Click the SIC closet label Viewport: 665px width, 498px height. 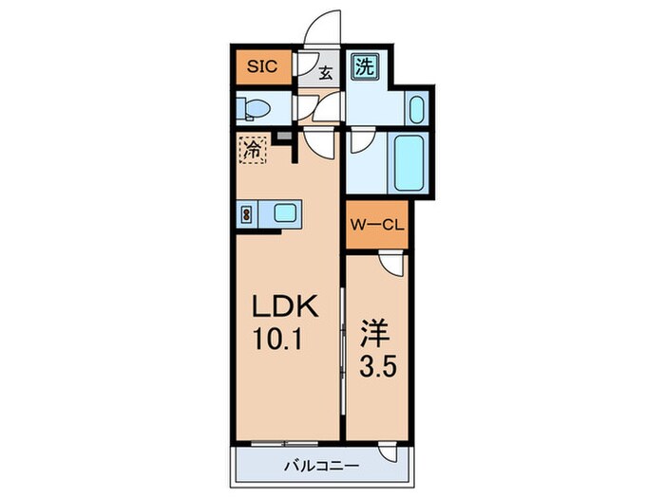pyautogui.click(x=262, y=66)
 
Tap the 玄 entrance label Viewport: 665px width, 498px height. pyautogui.click(x=325, y=71)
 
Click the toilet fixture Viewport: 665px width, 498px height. pyautogui.click(x=253, y=107)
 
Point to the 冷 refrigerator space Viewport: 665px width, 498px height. pyautogui.click(x=253, y=150)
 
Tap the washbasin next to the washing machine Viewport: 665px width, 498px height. pyautogui.click(x=416, y=107)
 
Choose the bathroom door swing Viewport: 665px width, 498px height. pyautogui.click(x=362, y=141)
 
